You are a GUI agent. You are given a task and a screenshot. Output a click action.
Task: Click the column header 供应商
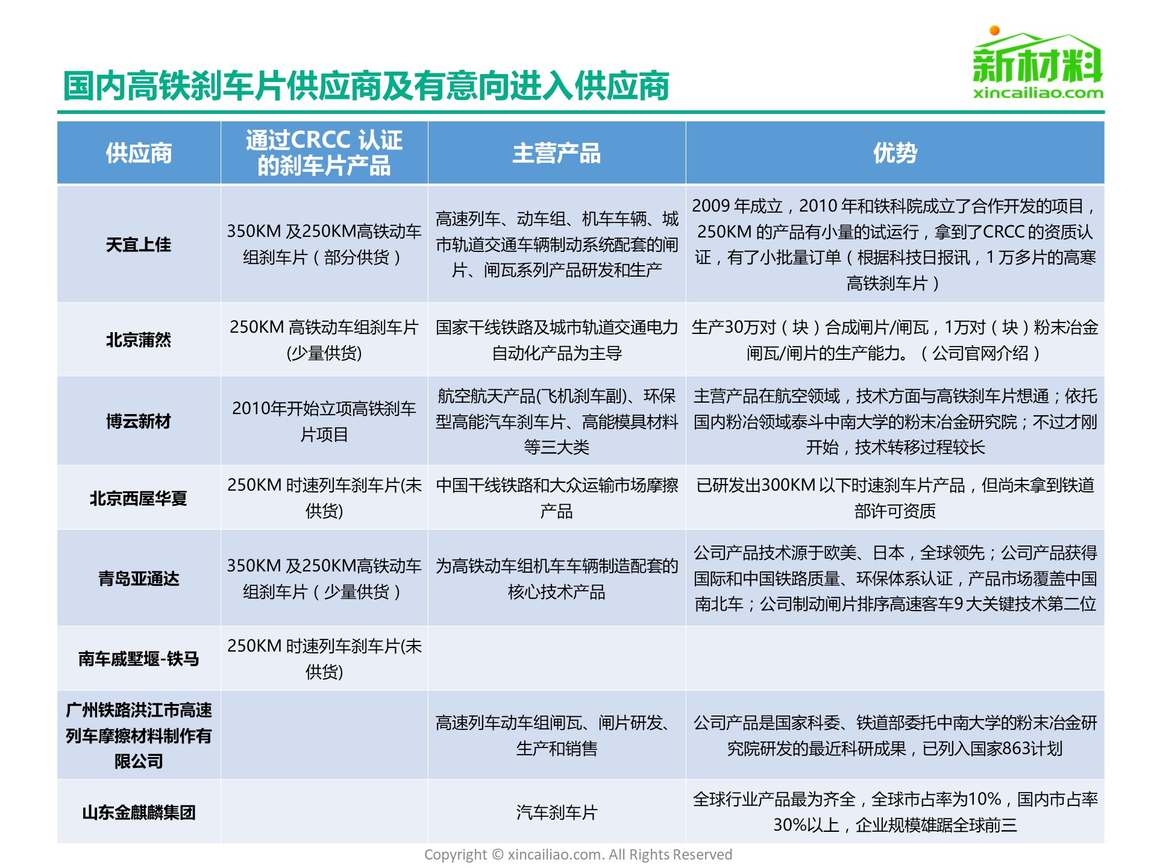(139, 153)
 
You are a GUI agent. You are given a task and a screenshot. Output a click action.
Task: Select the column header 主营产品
(556, 153)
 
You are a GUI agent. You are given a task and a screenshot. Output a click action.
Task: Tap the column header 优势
(895, 153)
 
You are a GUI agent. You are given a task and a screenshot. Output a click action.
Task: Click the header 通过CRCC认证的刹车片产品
(324, 153)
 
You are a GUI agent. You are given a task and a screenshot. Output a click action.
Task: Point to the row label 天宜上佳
(139, 245)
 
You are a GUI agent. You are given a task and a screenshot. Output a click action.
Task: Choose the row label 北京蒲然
(139, 340)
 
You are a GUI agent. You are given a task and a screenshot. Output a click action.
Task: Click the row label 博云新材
(139, 421)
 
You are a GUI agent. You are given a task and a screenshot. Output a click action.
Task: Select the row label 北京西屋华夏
(139, 498)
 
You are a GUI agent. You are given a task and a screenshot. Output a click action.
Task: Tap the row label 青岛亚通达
(139, 578)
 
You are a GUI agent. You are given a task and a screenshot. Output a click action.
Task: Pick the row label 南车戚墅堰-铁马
(139, 658)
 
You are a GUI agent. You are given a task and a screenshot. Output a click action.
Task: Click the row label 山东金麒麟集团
(139, 812)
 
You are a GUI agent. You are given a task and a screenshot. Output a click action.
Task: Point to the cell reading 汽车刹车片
(556, 812)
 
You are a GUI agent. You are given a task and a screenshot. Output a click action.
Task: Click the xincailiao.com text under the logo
(1038, 93)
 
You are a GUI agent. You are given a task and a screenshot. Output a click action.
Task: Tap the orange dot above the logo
(995, 30)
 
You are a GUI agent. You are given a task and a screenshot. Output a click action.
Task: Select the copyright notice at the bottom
(578, 854)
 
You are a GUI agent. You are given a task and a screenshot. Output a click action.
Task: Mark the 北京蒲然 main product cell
(556, 340)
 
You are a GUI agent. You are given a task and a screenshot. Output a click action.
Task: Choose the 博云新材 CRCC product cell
(324, 421)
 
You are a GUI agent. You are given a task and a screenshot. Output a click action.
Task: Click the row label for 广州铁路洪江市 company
(139, 735)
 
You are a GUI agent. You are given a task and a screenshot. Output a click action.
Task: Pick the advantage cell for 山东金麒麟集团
(895, 812)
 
